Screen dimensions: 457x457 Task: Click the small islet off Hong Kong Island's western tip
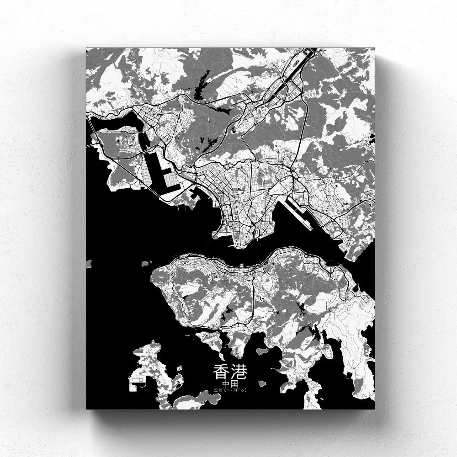(x=146, y=264)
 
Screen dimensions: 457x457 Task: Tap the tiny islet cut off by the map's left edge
(x=88, y=264)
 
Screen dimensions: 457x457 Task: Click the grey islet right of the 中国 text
(x=262, y=383)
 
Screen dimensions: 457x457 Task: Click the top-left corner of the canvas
(x=86, y=47)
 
